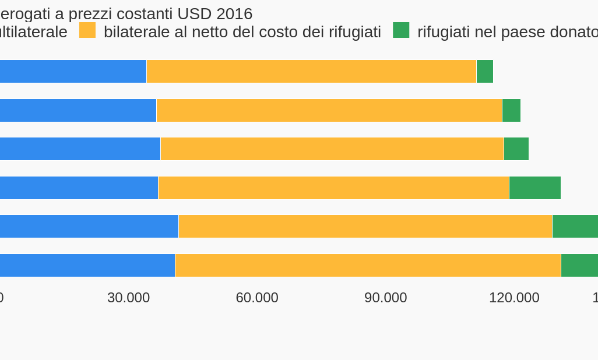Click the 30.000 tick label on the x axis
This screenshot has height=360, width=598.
(128, 298)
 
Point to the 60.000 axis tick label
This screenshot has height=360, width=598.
(257, 298)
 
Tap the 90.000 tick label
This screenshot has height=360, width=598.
(385, 298)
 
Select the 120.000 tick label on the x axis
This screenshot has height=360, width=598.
(514, 298)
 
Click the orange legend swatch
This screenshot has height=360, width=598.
(87, 30)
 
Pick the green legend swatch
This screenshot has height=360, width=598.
(401, 30)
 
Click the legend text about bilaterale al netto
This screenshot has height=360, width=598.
(242, 32)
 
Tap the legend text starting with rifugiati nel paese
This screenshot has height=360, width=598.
(507, 32)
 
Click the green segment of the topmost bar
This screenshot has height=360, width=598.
(485, 72)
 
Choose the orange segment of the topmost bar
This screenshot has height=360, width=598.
(311, 72)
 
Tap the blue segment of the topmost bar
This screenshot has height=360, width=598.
(73, 72)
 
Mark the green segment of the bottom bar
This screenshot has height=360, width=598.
(579, 266)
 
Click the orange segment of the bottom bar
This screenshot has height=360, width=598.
(368, 266)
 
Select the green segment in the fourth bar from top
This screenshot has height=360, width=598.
(535, 188)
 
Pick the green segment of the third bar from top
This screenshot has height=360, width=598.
(516, 149)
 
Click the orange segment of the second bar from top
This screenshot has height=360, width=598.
(329, 111)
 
